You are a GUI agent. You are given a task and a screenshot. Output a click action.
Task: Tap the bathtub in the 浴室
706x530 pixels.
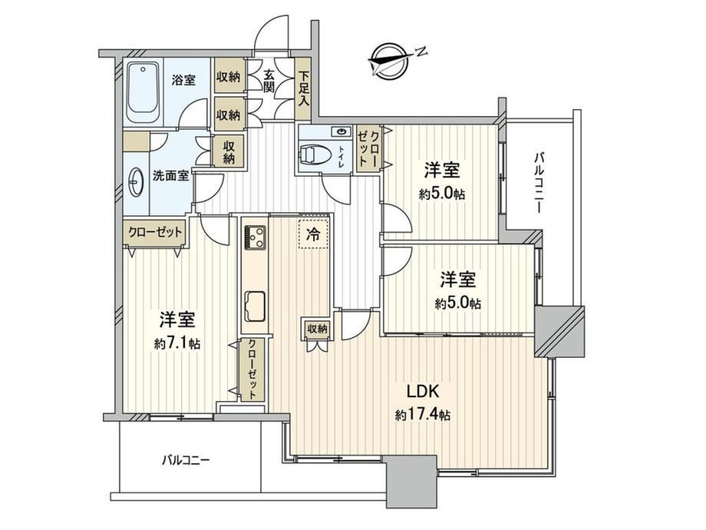pyautogui.click(x=144, y=92)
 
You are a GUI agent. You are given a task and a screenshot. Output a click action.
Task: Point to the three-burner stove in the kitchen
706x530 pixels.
pyautogui.click(x=255, y=237)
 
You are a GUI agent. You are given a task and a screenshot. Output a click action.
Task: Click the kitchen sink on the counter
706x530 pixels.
pyautogui.click(x=255, y=306)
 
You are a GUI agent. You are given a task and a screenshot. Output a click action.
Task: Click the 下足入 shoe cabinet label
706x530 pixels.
pyautogui.click(x=303, y=88)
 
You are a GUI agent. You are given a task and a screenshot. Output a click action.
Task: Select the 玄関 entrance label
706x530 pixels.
pyautogui.click(x=269, y=81)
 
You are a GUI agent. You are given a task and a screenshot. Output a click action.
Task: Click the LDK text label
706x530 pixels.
pyautogui.click(x=423, y=392)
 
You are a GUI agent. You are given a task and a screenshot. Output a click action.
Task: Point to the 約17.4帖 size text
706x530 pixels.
pyautogui.click(x=422, y=415)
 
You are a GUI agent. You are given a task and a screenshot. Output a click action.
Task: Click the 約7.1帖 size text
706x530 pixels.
pyautogui.click(x=177, y=344)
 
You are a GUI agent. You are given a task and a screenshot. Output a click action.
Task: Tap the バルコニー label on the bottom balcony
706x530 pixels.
pyautogui.click(x=186, y=461)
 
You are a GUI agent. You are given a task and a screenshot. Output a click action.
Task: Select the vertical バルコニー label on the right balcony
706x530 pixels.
pyautogui.click(x=538, y=183)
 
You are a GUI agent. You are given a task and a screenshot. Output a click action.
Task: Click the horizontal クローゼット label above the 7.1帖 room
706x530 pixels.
pyautogui.click(x=154, y=232)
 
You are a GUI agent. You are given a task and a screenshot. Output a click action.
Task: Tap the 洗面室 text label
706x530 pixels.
pyautogui.click(x=170, y=176)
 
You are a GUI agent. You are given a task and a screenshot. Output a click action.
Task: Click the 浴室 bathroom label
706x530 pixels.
pyautogui.click(x=183, y=81)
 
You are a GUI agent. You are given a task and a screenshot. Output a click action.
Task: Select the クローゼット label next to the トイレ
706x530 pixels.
pyautogui.click(x=368, y=148)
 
